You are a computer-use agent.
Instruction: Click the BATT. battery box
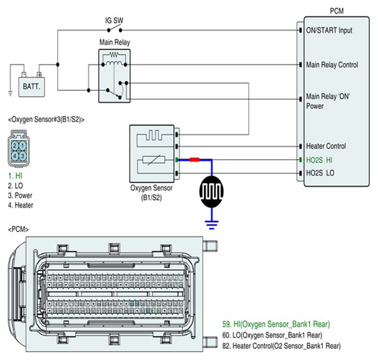point(32,87)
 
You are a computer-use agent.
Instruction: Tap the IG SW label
point(114,20)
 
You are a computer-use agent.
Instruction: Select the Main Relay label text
point(115,42)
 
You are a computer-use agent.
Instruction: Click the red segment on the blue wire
point(194,160)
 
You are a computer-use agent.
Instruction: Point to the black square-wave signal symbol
point(211,192)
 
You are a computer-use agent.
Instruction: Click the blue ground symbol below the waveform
point(211,225)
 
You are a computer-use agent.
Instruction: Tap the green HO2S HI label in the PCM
point(319,160)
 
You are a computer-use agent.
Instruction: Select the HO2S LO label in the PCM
point(320,173)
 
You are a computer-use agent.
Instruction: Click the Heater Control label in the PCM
point(326,146)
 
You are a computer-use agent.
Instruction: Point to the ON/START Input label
point(329,30)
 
